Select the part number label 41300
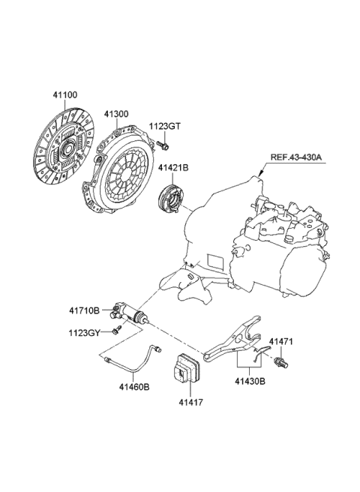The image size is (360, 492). pos(116,113)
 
